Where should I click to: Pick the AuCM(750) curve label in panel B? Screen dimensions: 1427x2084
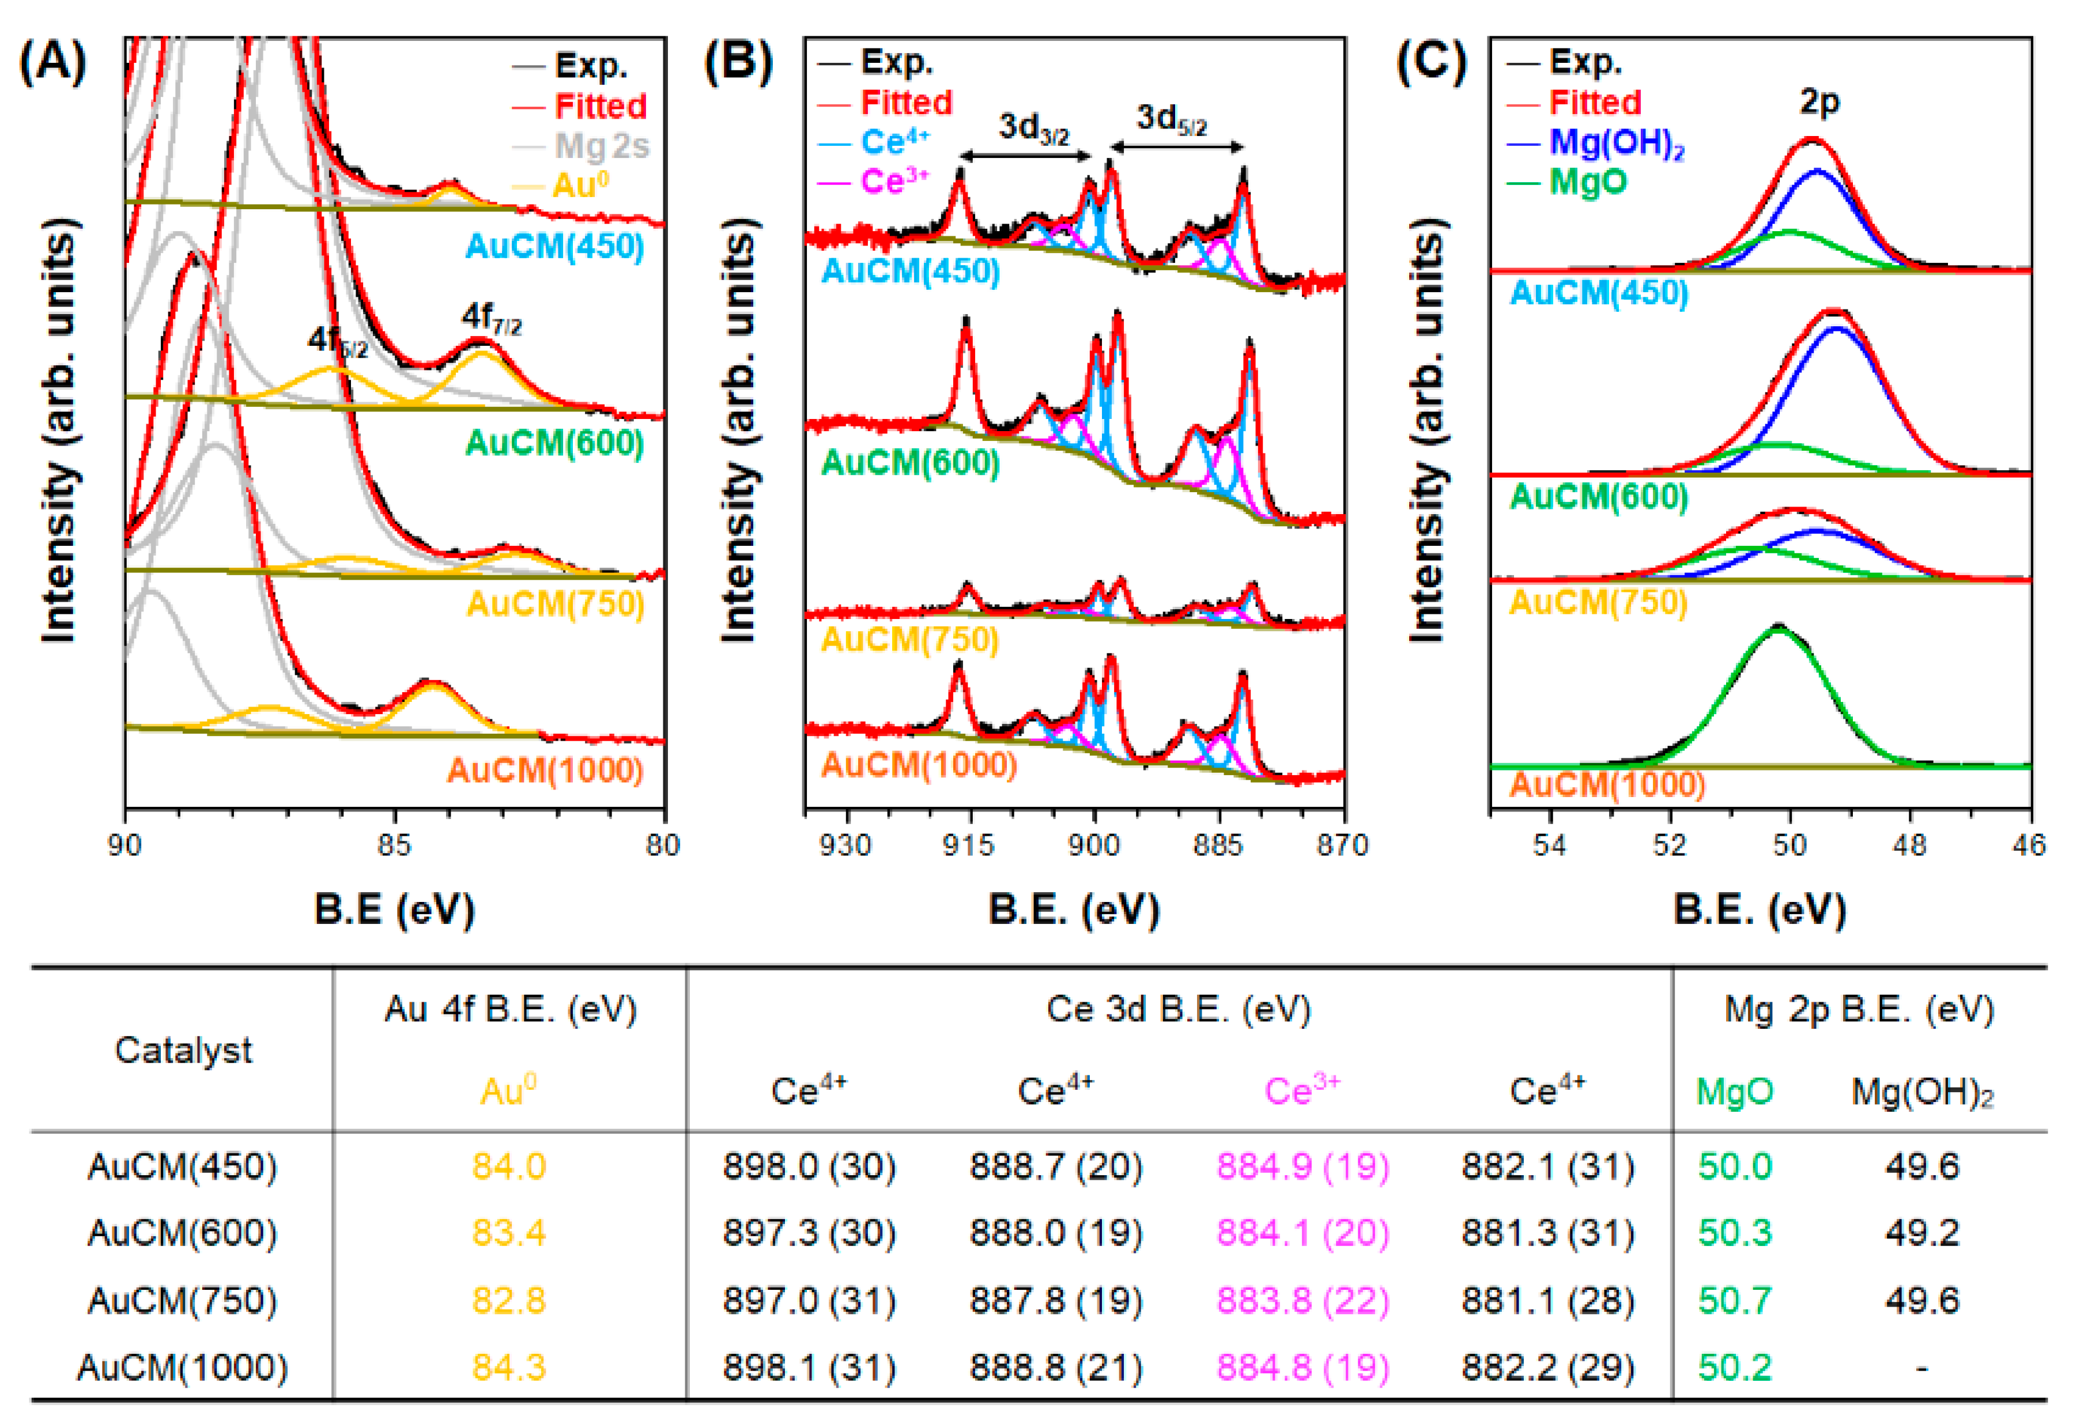pyautogui.click(x=909, y=640)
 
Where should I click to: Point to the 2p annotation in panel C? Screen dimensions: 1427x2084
pyautogui.click(x=1818, y=100)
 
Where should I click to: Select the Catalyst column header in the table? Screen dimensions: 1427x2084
pyautogui.click(x=183, y=1050)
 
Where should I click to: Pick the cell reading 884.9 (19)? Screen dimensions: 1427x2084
pyautogui.click(x=1302, y=1166)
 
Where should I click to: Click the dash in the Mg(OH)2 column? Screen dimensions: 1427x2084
pyautogui.click(x=1921, y=1368)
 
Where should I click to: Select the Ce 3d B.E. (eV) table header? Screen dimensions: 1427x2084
pyautogui.click(x=1179, y=1009)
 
